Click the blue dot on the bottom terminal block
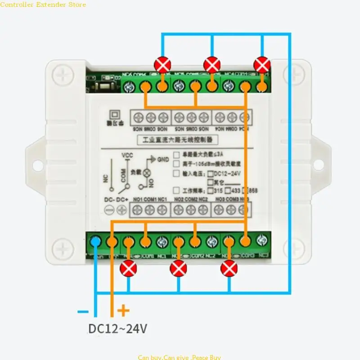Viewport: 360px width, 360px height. point(95,242)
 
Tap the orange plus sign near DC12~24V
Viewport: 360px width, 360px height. point(124,310)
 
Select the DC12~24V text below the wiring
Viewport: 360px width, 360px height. point(117,329)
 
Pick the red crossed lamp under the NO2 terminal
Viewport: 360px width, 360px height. point(178,269)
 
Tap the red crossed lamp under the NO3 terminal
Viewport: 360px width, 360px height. point(229,269)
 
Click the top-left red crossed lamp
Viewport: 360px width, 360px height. point(162,65)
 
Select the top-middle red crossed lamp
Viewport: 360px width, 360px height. point(211,65)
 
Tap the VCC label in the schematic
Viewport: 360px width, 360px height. point(128,156)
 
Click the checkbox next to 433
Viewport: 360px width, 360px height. point(229,190)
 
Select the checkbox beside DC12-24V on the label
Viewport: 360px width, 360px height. point(210,173)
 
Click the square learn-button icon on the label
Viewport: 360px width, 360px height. point(114,115)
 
